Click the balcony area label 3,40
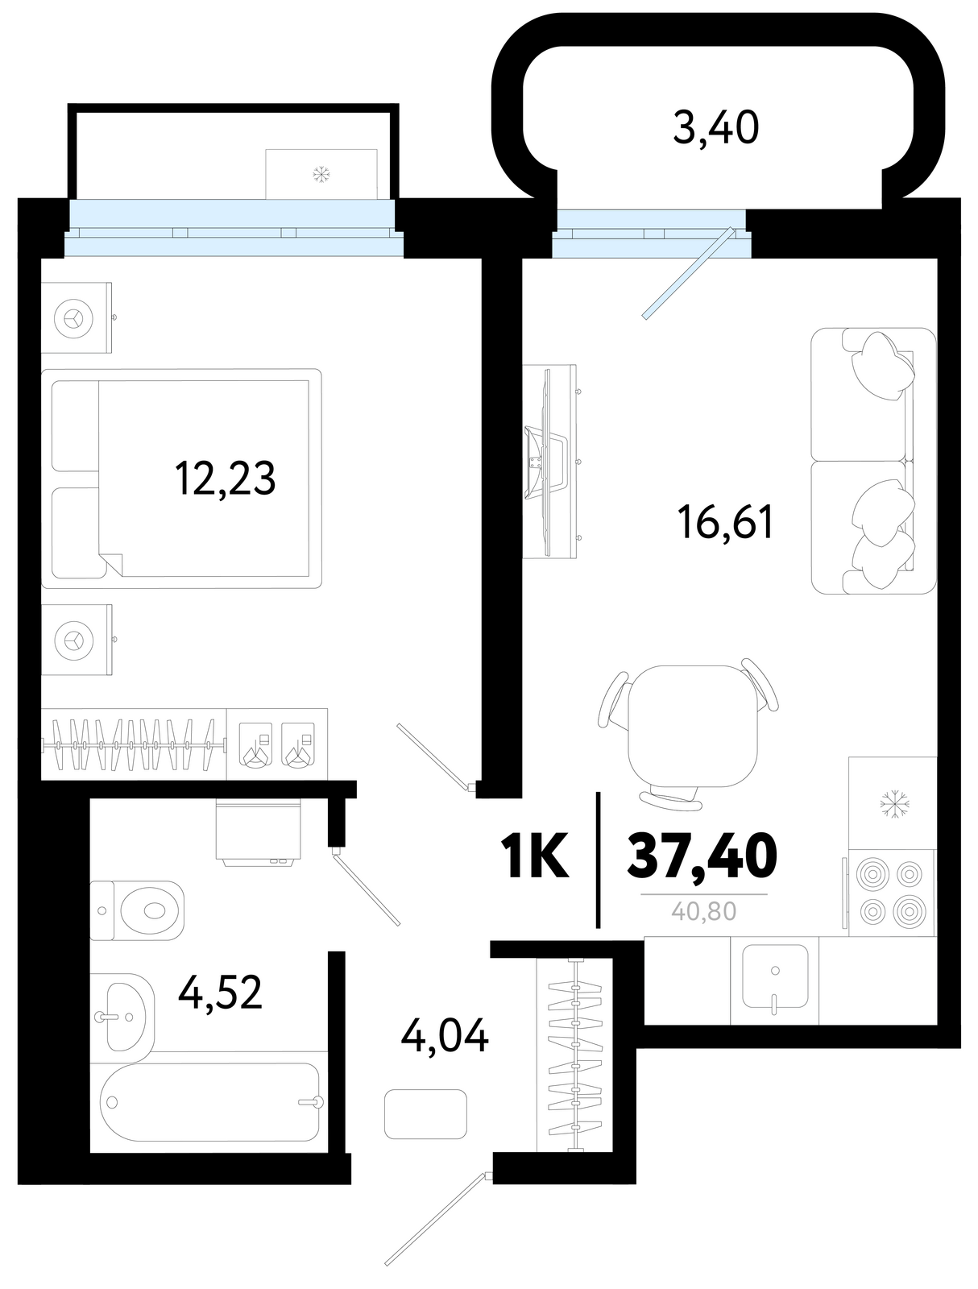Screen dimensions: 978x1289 pos(715,128)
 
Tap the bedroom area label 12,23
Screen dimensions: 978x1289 pos(225,478)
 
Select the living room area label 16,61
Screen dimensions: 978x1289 pos(726,521)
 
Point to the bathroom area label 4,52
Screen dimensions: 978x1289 pos(220,993)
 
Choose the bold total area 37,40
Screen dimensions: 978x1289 pos(702,857)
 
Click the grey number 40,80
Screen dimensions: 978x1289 pos(704,911)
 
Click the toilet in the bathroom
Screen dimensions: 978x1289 pos(138,910)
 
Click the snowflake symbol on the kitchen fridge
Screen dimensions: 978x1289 pos(894,804)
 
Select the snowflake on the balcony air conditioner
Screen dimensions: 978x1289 pos(321,174)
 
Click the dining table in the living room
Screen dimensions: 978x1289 pos(692,726)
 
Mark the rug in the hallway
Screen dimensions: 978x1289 pos(425,1114)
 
